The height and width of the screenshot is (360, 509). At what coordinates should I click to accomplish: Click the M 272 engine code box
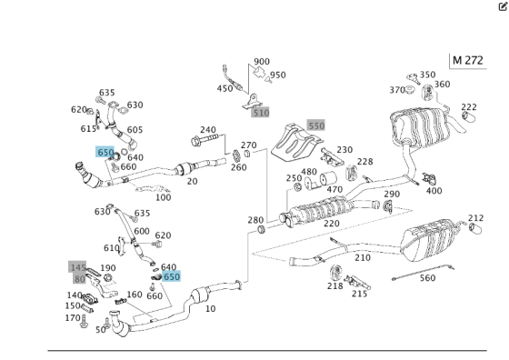pos(468,61)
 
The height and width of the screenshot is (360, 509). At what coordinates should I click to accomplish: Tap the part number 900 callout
pos(262,62)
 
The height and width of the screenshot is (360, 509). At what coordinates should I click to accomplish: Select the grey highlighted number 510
pos(261,113)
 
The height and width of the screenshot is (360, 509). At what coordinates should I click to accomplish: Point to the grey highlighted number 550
pos(315,125)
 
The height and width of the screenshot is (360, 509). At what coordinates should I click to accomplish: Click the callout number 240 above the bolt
pos(208,130)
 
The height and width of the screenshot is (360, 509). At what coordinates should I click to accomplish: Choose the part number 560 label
pos(426,278)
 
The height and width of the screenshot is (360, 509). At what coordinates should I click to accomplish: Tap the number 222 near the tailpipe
pos(468,107)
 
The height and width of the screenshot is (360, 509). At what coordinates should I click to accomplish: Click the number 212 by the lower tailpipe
pos(475,218)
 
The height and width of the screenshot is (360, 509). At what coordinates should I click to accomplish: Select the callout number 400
pos(434,191)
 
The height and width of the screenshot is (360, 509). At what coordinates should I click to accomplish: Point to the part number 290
pos(391,195)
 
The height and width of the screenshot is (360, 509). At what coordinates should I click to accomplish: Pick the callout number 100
pos(163,197)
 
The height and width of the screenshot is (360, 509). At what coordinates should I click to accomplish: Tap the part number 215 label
pos(360,293)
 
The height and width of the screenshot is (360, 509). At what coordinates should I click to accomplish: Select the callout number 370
pos(396,90)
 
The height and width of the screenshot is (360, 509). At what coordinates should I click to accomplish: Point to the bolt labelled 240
pos(206,144)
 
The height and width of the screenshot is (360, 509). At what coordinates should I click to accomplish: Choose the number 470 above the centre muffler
pos(334,190)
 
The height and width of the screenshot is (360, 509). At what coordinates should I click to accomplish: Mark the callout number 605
pos(135,130)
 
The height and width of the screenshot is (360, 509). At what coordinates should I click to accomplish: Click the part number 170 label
pos(72,318)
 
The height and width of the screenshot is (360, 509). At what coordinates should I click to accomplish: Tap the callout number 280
pos(255,221)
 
